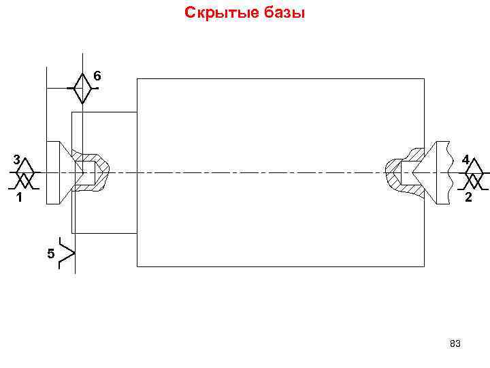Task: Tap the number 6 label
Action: click(97, 76)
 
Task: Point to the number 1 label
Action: click(19, 199)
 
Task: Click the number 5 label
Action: click(50, 254)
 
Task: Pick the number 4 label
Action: click(465, 160)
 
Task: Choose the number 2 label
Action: click(468, 198)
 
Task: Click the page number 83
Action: click(455, 344)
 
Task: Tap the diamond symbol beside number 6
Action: click(82, 87)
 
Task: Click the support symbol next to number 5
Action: click(68, 253)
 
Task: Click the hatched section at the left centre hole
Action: click(96, 173)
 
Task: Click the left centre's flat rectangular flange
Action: click(52, 172)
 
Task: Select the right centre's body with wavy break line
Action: click(440, 172)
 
